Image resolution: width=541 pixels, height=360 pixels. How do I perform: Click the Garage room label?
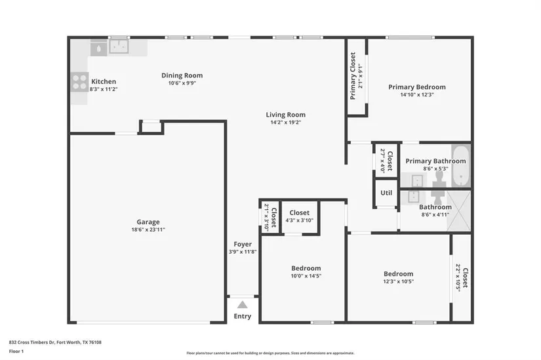point(148,222)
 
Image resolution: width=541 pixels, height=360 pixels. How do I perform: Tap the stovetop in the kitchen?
point(80,82)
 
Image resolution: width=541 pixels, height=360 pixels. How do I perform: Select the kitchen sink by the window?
point(119,47)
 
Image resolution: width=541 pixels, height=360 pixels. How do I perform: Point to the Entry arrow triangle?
point(243,305)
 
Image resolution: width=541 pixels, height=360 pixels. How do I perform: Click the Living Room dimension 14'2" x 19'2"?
point(286,122)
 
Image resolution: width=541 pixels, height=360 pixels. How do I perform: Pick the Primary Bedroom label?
point(417,87)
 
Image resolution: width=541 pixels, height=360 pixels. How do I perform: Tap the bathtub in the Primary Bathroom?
point(461,167)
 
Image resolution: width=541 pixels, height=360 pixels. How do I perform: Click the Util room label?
point(386,193)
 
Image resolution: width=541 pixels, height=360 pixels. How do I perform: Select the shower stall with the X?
point(458,210)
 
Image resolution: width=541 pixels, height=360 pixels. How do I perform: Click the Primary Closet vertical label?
point(353,76)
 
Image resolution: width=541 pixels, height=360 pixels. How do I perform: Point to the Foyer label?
point(243,244)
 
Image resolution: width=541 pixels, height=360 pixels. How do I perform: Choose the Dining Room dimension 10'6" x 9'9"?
point(182,83)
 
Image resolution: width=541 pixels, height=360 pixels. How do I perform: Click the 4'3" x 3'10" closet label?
point(300,220)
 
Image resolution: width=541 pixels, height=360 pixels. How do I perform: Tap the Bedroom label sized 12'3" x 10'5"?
point(399,273)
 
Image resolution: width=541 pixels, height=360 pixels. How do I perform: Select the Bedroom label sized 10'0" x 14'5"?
point(306,268)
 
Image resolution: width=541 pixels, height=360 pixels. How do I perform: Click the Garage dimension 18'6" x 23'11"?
point(148,230)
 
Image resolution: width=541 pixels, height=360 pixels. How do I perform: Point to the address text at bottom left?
point(55,342)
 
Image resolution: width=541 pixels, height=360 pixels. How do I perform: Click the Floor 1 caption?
point(16,351)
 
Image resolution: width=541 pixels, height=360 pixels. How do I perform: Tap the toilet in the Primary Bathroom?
point(439,178)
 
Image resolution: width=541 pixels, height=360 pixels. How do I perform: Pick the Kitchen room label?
point(104,81)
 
